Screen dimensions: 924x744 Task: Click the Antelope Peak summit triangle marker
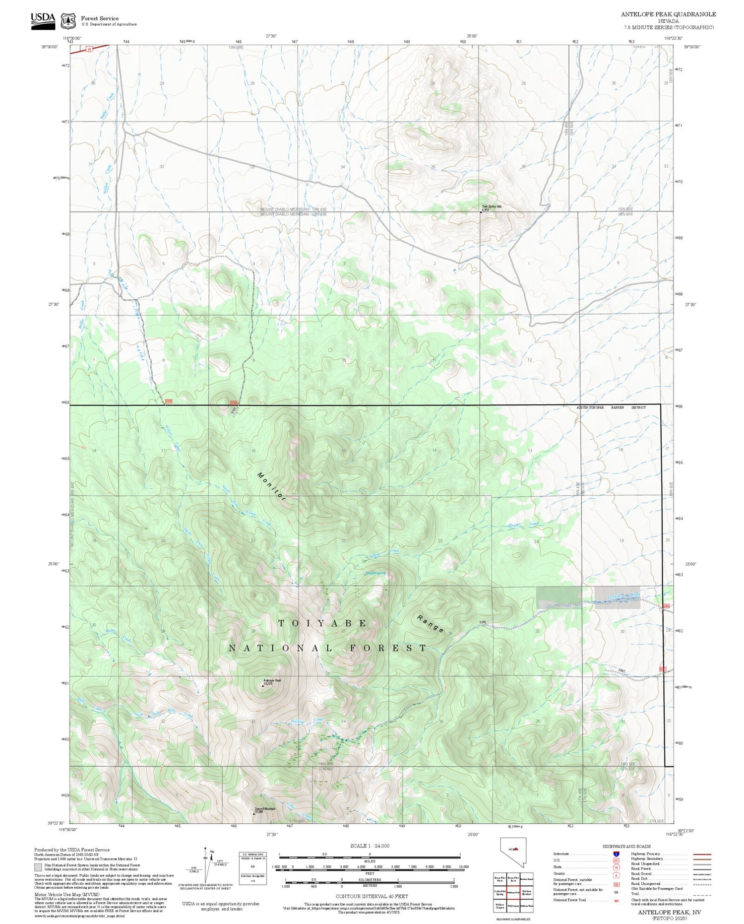[262, 685]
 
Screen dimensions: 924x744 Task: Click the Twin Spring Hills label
[492, 206]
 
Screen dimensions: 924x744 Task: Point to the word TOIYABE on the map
[322, 623]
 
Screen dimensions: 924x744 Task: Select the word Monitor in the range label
[272, 486]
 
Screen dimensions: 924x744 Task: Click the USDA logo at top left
[43, 20]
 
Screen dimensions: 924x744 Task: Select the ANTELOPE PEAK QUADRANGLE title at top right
[668, 14]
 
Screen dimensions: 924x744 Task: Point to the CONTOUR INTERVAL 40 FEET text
[372, 896]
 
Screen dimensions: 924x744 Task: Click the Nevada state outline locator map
[512, 852]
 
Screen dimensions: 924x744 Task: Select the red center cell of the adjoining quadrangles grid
[513, 892]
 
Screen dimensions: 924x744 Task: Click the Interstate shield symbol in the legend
[616, 854]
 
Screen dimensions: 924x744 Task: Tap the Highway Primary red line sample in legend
[701, 855]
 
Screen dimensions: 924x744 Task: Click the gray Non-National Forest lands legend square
[38, 867]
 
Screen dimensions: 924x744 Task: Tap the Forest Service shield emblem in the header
[68, 21]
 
